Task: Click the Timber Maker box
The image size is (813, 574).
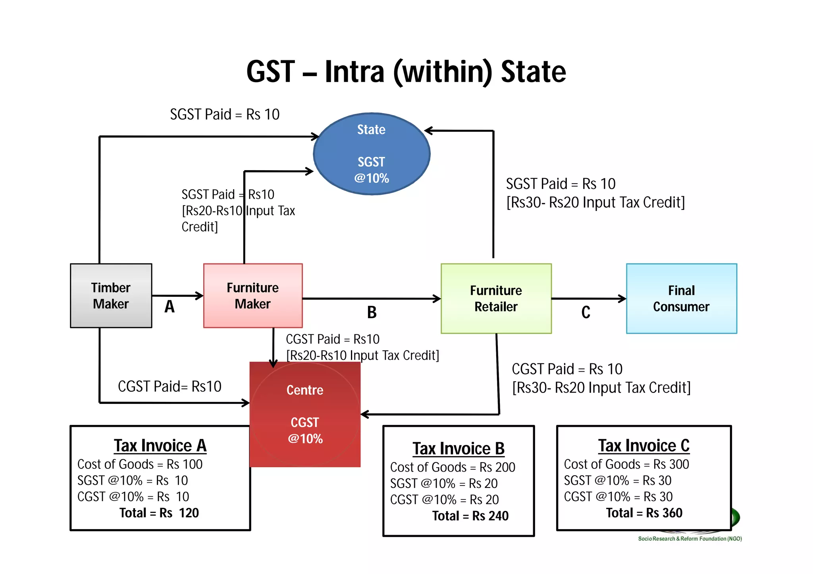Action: (111, 296)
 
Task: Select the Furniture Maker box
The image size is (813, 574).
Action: (252, 296)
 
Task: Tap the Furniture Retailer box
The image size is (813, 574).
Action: (496, 298)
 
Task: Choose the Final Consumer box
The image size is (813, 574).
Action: (681, 298)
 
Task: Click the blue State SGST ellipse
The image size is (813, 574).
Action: (371, 154)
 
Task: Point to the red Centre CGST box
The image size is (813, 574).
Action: (305, 414)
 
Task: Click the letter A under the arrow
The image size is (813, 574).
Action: (170, 307)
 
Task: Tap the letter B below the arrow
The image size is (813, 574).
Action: (372, 313)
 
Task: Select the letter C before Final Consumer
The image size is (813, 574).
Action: (586, 313)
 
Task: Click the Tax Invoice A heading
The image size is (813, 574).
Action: (160, 445)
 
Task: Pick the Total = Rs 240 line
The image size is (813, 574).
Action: (470, 516)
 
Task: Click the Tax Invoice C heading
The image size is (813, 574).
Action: (643, 445)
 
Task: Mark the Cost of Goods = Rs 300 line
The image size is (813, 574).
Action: (626, 464)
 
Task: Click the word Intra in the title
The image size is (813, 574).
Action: (354, 72)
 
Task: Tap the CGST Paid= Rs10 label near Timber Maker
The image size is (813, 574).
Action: (170, 386)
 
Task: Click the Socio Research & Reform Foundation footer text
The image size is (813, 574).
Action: (690, 539)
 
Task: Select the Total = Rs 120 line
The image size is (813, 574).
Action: (159, 513)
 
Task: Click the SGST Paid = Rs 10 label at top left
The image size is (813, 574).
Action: (225, 114)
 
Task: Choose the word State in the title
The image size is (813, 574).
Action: (533, 72)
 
